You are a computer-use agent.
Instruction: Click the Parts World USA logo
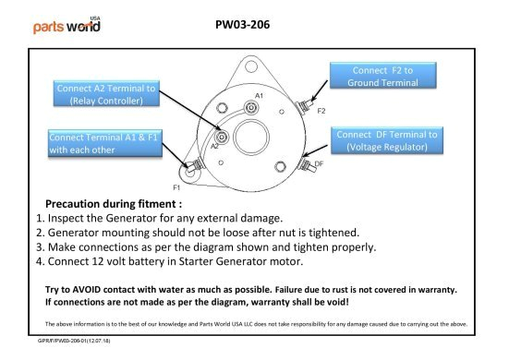tap(67, 25)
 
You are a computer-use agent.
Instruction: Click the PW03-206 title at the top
tap(242, 25)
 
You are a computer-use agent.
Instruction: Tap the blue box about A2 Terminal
tap(106, 94)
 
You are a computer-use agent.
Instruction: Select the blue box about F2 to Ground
tap(383, 76)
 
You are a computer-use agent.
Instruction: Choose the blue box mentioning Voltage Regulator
tap(387, 140)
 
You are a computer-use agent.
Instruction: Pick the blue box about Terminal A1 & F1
tap(105, 143)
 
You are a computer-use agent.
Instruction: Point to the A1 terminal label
tap(259, 96)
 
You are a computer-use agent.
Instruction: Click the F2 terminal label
tap(321, 111)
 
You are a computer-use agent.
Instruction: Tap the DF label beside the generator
tap(319, 163)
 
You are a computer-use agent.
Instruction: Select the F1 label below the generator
tap(176, 187)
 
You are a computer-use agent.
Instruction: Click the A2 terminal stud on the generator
tap(222, 137)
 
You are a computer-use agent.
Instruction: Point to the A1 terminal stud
tap(251, 107)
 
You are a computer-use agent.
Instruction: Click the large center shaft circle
tap(251, 137)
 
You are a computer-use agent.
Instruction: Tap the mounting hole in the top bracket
tap(251, 66)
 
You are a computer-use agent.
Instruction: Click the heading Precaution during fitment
tap(114, 204)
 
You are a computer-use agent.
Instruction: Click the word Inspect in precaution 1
tap(66, 218)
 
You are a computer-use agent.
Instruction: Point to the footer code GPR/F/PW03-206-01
tap(74, 341)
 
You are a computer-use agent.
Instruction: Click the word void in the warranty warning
tap(338, 302)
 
